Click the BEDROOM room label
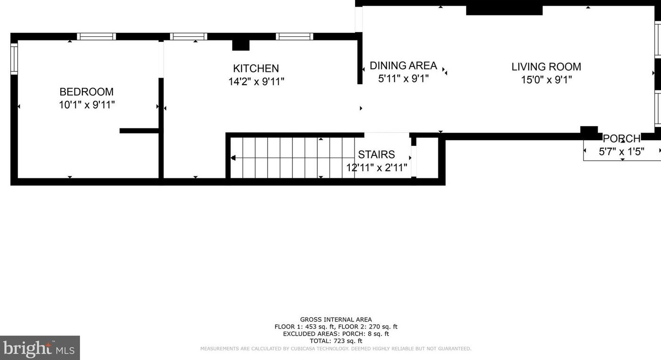(x=87, y=92)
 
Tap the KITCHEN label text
(x=256, y=69)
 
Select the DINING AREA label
(x=403, y=66)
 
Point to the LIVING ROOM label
(x=546, y=67)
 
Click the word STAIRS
(x=376, y=155)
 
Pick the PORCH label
(x=621, y=139)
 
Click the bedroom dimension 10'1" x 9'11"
(x=87, y=105)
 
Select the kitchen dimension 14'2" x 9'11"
(x=256, y=82)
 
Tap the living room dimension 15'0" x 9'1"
(x=546, y=80)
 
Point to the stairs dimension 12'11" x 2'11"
(x=376, y=168)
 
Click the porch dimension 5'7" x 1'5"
(x=621, y=152)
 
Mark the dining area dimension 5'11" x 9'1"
(x=403, y=79)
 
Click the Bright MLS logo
(x=40, y=348)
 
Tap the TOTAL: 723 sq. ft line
(x=336, y=341)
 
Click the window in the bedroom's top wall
(x=97, y=37)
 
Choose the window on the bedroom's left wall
(x=14, y=59)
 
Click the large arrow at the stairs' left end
(x=233, y=158)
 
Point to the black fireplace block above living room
(x=504, y=11)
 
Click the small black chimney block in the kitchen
(x=241, y=45)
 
